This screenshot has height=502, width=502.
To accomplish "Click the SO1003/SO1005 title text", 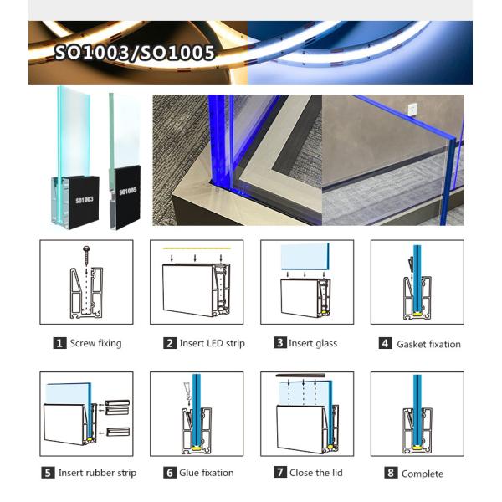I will (x=134, y=54).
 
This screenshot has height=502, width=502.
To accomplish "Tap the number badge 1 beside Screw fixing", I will (x=59, y=343).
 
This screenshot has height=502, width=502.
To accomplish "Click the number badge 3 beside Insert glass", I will (x=280, y=343).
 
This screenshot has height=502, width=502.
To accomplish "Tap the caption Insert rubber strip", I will (x=97, y=473).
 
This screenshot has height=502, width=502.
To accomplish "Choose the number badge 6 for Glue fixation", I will (x=170, y=473).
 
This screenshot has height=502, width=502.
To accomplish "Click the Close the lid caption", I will (x=315, y=473).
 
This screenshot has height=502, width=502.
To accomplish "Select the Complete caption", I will (x=422, y=474).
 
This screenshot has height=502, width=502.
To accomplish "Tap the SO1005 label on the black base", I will (x=127, y=192).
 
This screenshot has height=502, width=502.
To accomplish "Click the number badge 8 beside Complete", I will (x=391, y=474).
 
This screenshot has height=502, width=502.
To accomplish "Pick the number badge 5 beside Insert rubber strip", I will (x=49, y=473).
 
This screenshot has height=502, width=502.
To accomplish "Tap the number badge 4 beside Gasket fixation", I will (x=385, y=344).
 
